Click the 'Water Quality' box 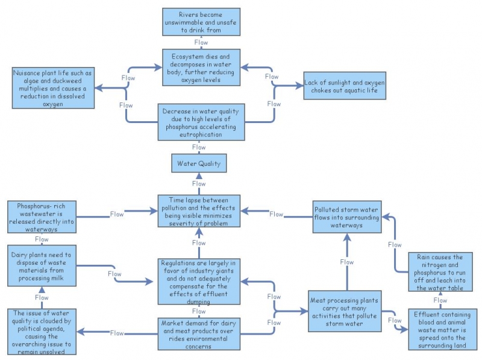198,163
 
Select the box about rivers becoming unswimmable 201,22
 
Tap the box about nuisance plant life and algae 52,88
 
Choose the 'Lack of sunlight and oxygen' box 345,86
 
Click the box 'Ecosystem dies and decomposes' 201,68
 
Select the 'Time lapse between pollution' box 198,210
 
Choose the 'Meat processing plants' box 346,311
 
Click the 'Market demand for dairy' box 198,333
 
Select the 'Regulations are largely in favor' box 198,282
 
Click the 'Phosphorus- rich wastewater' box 42,217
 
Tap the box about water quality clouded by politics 42,330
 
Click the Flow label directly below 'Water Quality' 198,183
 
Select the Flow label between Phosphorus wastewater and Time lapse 117,214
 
